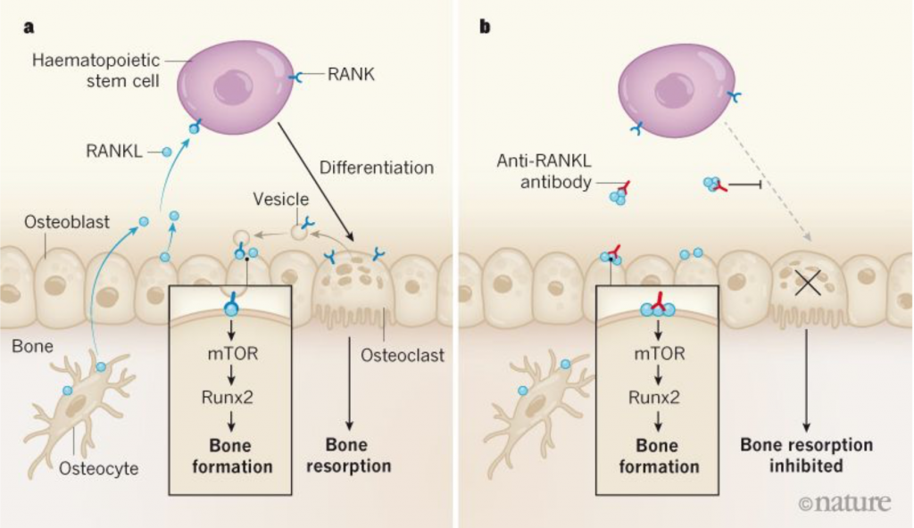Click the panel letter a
pos(29,28)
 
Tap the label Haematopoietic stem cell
pos(96,70)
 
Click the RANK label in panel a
pos(351,75)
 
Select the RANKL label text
pos(113,152)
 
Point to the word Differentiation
pos(377,168)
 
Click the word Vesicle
pos(280,199)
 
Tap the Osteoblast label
pos(66,222)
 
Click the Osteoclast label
pos(403,355)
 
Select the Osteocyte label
pos(98,468)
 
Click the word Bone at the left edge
pos(32,346)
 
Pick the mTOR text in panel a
pos(233,354)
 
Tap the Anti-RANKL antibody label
pos(544,171)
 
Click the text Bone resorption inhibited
pos(806,455)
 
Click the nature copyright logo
pos(845,502)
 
